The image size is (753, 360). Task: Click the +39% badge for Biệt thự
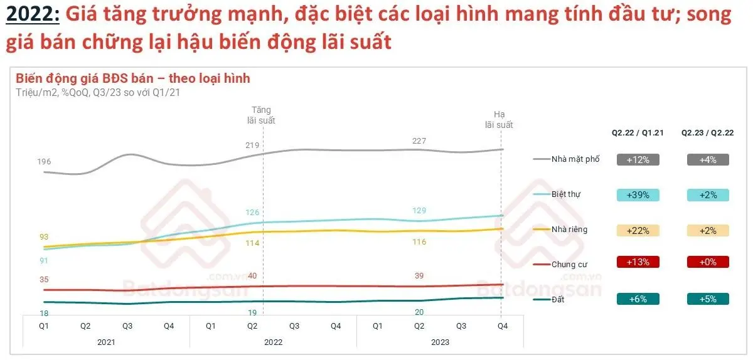[638, 194]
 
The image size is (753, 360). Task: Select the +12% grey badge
[638, 159]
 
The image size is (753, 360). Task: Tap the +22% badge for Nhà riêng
[638, 230]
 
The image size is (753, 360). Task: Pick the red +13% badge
[638, 262]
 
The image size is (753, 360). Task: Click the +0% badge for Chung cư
[708, 262]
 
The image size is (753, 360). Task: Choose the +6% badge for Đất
[638, 299]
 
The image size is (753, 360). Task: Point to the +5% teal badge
[708, 299]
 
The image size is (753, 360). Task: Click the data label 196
[44, 162]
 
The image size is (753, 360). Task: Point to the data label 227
[419, 141]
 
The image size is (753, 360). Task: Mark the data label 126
[252, 212]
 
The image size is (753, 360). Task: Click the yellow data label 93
[44, 237]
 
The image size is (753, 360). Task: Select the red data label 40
[252, 276]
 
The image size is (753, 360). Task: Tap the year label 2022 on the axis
[273, 342]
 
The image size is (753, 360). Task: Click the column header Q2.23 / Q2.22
[708, 133]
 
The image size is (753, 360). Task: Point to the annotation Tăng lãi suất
[262, 115]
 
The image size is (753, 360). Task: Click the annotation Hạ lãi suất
[499, 120]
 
